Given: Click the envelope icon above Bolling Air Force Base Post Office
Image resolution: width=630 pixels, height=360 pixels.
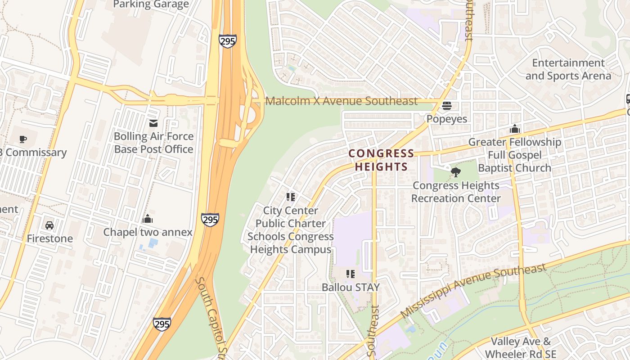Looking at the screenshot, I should (x=153, y=123).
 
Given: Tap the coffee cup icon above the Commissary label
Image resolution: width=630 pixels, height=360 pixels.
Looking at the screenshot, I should (x=22, y=139).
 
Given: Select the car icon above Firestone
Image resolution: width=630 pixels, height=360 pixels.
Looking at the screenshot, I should (x=49, y=225).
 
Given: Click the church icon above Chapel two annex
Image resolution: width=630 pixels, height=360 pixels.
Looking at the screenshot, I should (x=148, y=219).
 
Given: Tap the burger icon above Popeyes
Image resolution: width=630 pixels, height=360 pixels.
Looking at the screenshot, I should (x=447, y=106).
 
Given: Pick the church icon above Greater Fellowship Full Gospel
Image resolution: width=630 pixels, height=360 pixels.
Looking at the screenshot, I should (x=515, y=129).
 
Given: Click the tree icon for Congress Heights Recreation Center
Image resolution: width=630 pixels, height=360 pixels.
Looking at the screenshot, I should (x=456, y=172).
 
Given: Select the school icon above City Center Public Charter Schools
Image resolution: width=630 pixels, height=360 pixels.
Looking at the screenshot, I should (x=291, y=197).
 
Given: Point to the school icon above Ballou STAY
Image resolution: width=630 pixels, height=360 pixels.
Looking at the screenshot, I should (x=351, y=274).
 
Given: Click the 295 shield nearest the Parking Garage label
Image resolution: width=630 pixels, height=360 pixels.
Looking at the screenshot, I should (x=228, y=41).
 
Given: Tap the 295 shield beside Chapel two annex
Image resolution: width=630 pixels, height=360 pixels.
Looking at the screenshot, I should (x=210, y=220).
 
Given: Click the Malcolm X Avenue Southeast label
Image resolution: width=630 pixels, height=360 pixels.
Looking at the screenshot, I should (x=342, y=101).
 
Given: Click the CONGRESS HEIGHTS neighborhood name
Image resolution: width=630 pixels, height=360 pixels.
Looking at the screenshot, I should (x=381, y=160).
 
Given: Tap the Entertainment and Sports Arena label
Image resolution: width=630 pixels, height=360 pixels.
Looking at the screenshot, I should (x=568, y=69).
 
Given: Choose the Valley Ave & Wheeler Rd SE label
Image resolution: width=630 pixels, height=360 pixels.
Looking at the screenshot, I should (x=520, y=348).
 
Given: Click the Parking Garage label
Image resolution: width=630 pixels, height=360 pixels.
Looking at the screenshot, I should (x=151, y=4).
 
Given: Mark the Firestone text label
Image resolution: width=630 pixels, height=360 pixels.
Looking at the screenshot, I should (x=49, y=238).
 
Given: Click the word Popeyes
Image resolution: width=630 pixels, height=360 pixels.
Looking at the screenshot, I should (x=447, y=119).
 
